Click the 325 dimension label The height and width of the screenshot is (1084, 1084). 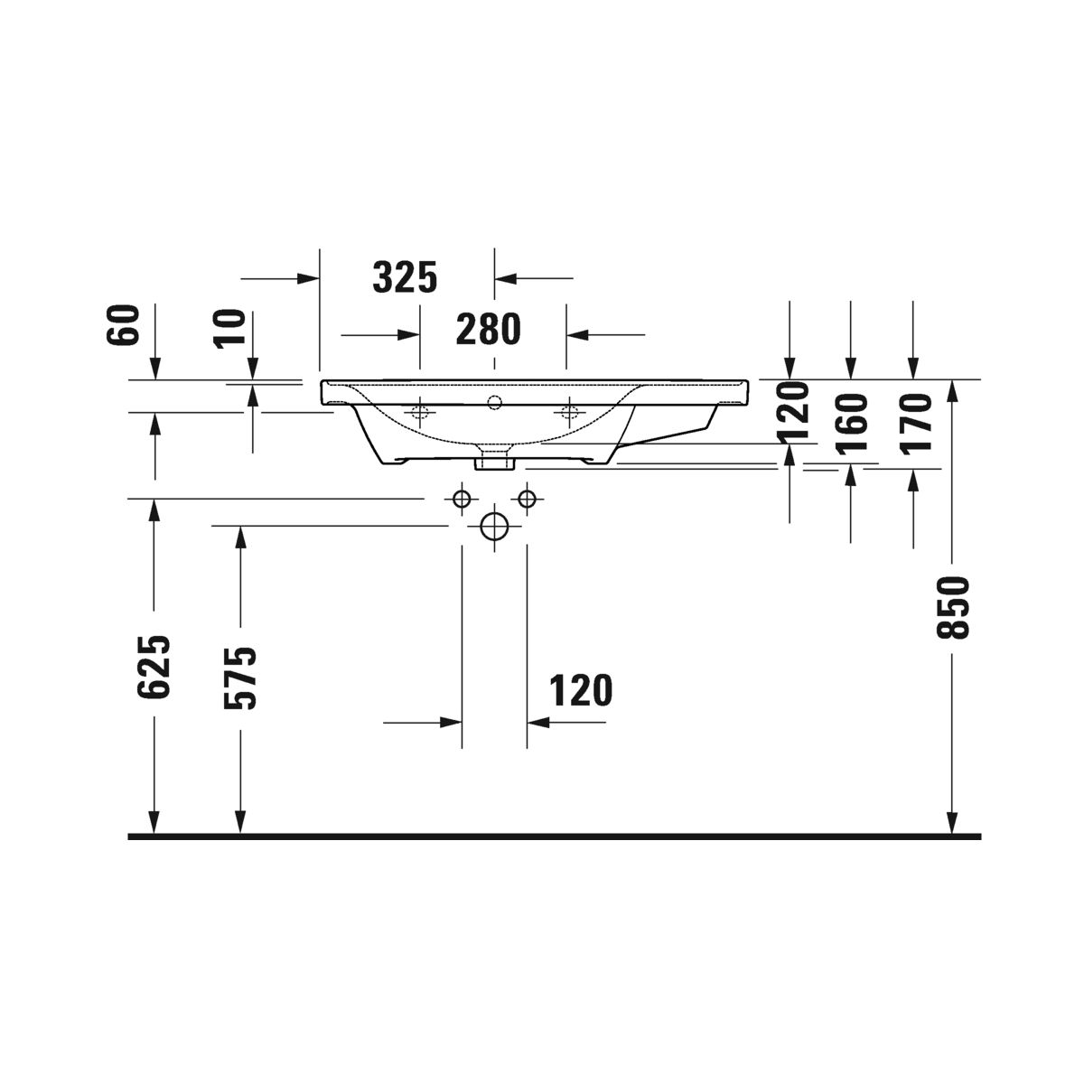[x=405, y=277]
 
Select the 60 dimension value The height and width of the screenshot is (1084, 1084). [x=122, y=324]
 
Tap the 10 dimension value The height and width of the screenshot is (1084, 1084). [x=230, y=329]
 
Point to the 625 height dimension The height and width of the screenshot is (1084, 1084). [x=154, y=668]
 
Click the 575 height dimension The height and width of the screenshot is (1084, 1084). [x=240, y=677]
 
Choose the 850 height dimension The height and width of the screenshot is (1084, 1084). [x=953, y=607]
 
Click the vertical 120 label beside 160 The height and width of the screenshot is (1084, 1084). [x=791, y=409]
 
